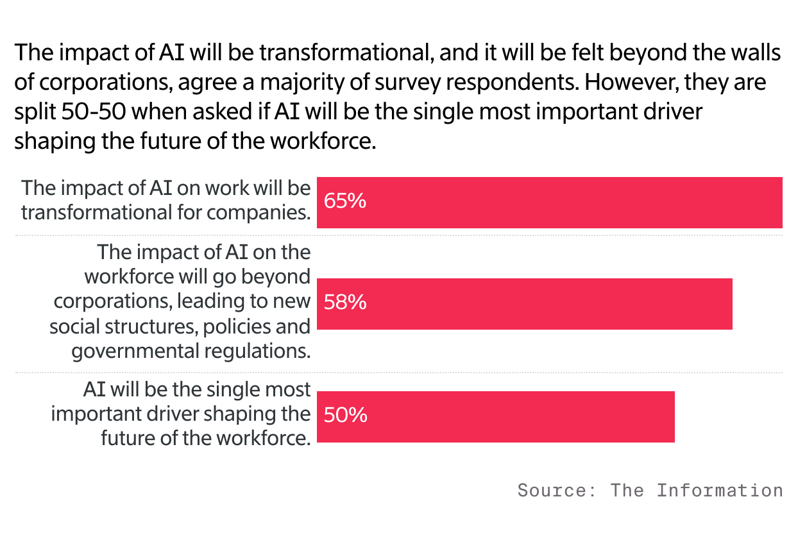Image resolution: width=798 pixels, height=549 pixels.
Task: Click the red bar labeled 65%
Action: (550, 203)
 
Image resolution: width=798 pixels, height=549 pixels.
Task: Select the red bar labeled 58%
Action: (525, 304)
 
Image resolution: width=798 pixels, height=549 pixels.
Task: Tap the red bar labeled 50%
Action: (496, 417)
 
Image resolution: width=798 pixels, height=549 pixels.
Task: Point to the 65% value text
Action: (345, 201)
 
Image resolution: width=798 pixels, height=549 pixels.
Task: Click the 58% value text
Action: (345, 302)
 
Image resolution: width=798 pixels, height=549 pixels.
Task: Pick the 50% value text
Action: (345, 415)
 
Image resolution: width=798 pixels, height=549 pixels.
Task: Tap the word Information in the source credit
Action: (719, 491)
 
